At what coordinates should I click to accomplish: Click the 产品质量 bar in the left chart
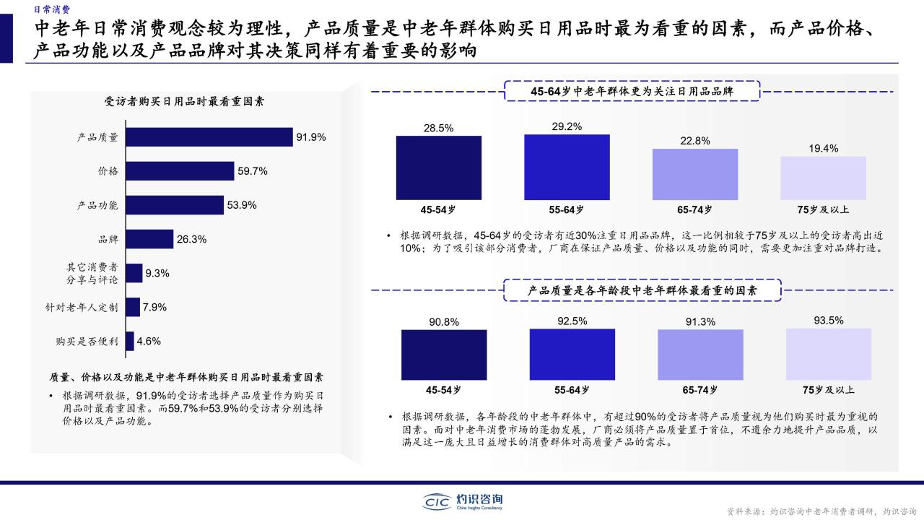[x=209, y=137]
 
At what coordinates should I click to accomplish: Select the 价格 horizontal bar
[x=180, y=171]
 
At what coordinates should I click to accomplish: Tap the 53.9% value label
[x=242, y=205]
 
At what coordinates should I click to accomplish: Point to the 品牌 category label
[x=108, y=239]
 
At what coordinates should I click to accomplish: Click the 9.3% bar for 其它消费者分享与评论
[x=134, y=273]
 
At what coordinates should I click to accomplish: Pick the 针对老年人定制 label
[x=82, y=308]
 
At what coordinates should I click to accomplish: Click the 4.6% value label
[x=149, y=342]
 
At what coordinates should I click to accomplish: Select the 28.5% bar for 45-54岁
[x=438, y=168]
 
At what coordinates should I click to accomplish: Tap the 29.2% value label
[x=567, y=126]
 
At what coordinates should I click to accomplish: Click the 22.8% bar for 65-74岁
[x=695, y=175]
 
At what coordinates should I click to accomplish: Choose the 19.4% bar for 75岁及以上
[x=824, y=178]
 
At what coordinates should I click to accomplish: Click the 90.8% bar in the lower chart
[x=444, y=355]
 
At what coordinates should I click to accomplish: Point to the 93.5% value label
[x=829, y=320]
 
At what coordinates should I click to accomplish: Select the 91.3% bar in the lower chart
[x=700, y=355]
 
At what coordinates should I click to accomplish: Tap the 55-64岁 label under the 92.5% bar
[x=572, y=389]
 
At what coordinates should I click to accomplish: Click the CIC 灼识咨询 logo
[x=462, y=502]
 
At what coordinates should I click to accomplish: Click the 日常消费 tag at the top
[x=52, y=9]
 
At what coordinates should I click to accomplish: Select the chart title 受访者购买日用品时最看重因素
[x=184, y=101]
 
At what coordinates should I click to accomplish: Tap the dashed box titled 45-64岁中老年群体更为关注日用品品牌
[x=632, y=91]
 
